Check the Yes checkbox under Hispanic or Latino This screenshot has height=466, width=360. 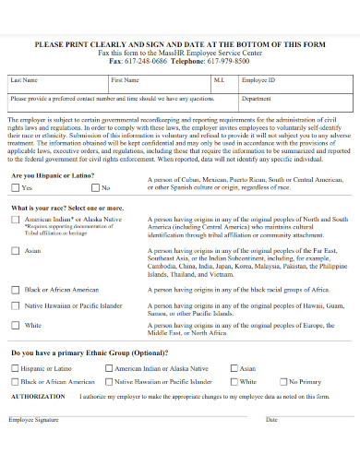[x=15, y=187]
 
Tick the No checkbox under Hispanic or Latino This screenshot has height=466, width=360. [x=95, y=187]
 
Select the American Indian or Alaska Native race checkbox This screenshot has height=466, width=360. [x=15, y=220]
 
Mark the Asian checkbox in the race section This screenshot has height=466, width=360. [x=15, y=250]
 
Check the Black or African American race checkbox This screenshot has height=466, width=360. [x=15, y=289]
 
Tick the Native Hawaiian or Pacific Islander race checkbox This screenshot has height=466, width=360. [x=15, y=305]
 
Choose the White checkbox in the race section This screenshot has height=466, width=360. [x=15, y=325]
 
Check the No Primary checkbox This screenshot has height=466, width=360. [x=282, y=381]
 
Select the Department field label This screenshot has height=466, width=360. [x=257, y=97]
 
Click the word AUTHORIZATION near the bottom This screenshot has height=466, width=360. [x=39, y=395]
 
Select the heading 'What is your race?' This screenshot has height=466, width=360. [x=66, y=209]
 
